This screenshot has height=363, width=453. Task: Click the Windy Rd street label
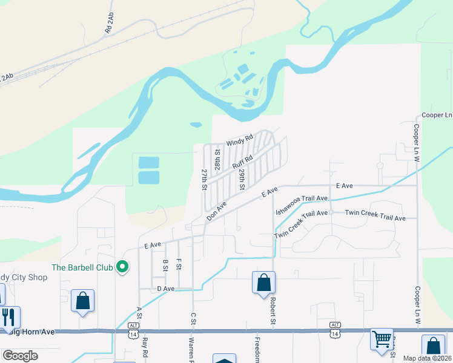(239, 142)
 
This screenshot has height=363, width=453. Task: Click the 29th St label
(241, 180)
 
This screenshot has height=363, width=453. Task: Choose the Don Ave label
(216, 211)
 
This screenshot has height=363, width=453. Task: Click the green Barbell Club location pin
(122, 266)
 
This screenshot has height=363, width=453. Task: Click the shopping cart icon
(382, 339)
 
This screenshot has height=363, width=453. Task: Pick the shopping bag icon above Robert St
(263, 283)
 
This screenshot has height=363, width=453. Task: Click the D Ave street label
(165, 289)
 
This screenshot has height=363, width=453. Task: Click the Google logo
(20, 355)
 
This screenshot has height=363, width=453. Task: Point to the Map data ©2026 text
(426, 358)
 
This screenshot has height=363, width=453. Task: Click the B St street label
(165, 265)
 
